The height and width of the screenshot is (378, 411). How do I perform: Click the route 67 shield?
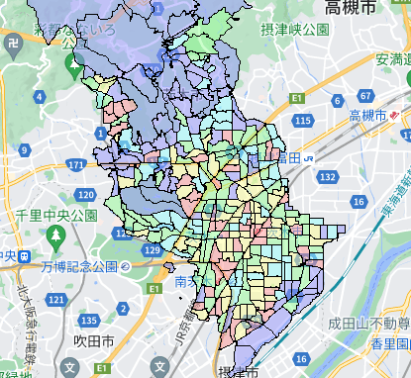click(365, 96)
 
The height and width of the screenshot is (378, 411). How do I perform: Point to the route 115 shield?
click(303, 121)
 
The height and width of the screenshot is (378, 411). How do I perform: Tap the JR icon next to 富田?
click(310, 156)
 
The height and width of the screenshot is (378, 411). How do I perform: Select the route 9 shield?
click(24, 150)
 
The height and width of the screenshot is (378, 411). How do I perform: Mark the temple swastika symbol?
click(13, 43)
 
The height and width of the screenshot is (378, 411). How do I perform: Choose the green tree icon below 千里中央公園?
click(55, 237)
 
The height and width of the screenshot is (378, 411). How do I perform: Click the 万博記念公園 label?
click(79, 267)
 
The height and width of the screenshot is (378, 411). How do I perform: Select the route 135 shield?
click(89, 321)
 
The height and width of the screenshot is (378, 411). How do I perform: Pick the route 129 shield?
click(151, 251)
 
